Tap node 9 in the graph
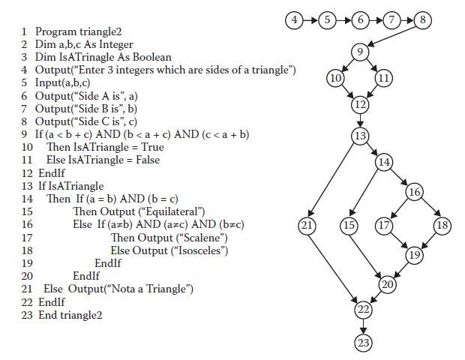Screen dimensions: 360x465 (359, 52)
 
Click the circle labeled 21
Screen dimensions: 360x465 (305, 225)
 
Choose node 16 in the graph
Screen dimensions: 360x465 (414, 193)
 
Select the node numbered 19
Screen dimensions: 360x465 (414, 256)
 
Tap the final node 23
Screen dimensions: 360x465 (363, 342)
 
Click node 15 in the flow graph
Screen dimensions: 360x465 (349, 225)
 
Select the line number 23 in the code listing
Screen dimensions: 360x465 (28, 315)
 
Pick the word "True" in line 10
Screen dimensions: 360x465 (151, 147)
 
